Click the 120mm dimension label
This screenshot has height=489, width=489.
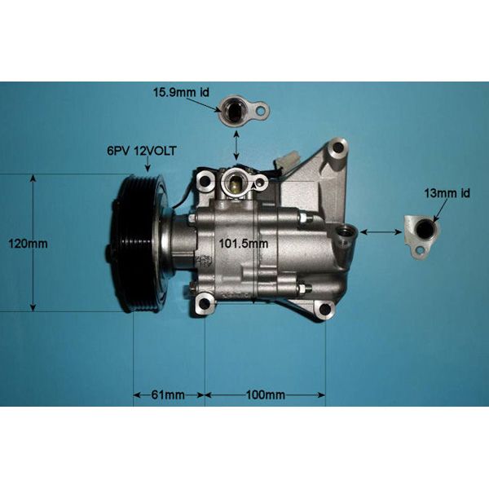pos(55,243)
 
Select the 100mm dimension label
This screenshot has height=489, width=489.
pos(265,395)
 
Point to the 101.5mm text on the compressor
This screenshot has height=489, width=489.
pos(245,242)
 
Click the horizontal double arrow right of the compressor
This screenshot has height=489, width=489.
pos(376,232)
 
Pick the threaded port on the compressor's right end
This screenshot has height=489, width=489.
pos(349,235)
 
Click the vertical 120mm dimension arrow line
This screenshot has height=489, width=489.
pos(33,243)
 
